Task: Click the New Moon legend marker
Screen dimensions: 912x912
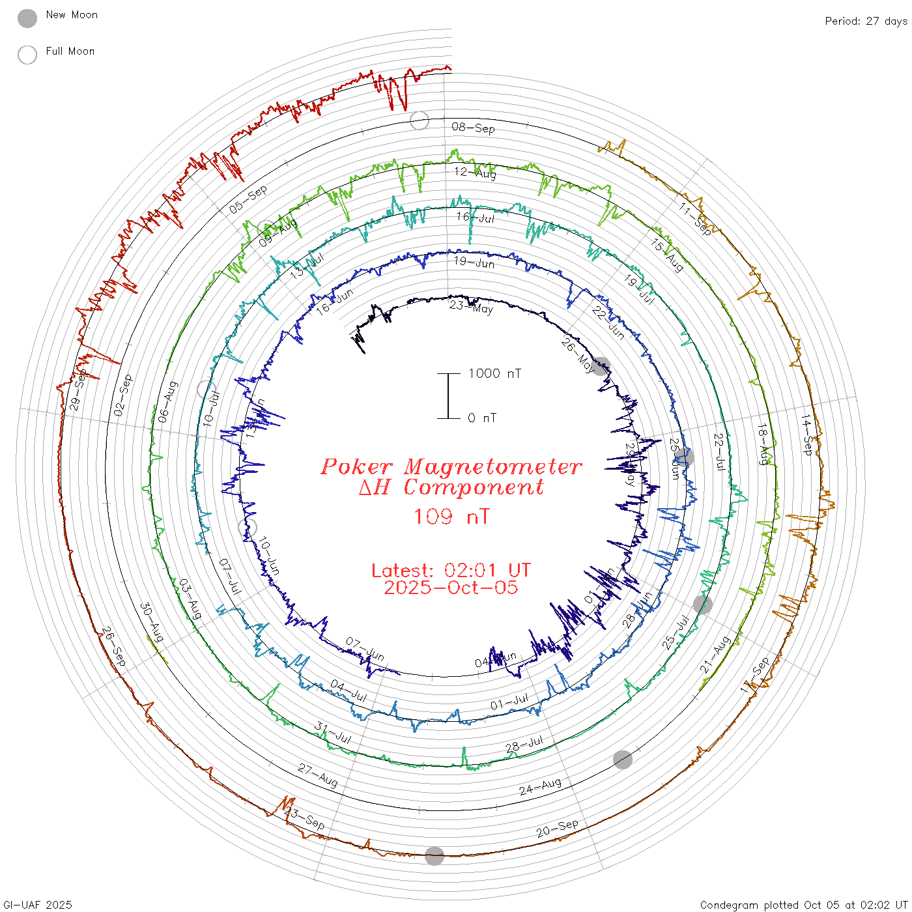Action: (x=27, y=19)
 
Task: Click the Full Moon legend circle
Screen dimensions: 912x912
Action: (x=27, y=55)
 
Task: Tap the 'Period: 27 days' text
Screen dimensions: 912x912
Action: (x=866, y=21)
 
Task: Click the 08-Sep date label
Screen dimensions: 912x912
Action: (x=473, y=128)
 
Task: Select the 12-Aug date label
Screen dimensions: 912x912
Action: (x=475, y=173)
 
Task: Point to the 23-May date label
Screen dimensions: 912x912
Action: (x=472, y=306)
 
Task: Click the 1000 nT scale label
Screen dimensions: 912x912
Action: (x=494, y=373)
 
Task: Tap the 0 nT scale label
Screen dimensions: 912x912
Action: (x=481, y=418)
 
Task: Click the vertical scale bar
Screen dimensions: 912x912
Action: (x=448, y=396)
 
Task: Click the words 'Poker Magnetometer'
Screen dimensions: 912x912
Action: (x=451, y=466)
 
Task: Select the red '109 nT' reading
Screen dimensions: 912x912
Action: (x=451, y=517)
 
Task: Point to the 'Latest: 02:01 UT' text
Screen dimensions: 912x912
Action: (x=451, y=571)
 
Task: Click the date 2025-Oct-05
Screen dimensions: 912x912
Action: (x=451, y=588)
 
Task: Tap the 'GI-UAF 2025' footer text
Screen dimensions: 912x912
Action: (x=38, y=905)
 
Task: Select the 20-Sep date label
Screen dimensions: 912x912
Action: (x=557, y=829)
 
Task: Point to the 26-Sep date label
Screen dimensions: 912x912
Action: (x=113, y=647)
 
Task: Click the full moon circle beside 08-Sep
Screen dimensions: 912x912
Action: (x=420, y=121)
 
